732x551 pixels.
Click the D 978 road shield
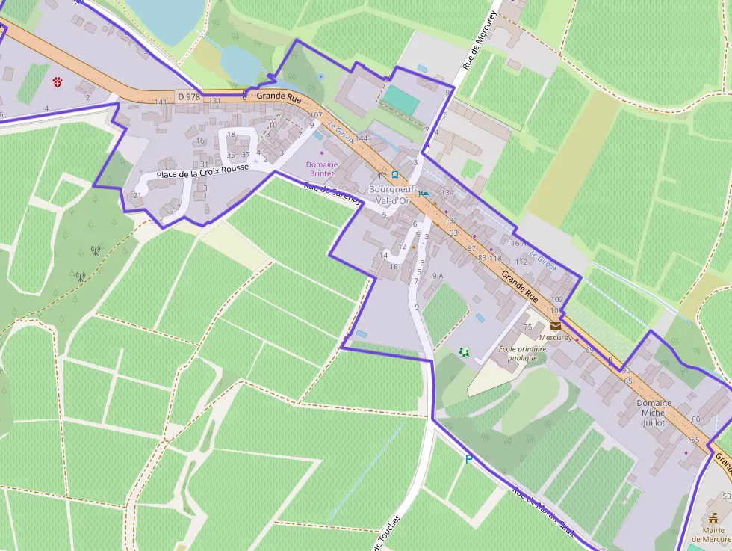189,96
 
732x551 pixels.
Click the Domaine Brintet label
322,169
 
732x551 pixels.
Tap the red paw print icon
58,81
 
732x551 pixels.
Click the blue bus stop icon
394,174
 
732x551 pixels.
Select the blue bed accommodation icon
424,194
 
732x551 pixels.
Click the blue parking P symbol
468,459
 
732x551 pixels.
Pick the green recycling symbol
465,350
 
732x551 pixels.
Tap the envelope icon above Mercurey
555,326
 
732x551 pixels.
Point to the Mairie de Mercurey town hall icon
710,517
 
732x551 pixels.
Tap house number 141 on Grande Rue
161,102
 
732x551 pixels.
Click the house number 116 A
516,244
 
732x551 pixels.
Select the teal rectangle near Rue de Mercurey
400,100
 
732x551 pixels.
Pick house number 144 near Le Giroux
362,138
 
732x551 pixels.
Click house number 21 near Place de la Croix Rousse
137,195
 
